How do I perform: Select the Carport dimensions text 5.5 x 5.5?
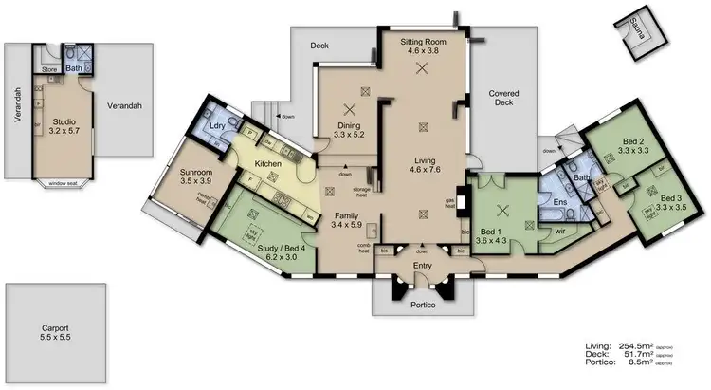48,337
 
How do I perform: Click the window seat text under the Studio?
64,182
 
